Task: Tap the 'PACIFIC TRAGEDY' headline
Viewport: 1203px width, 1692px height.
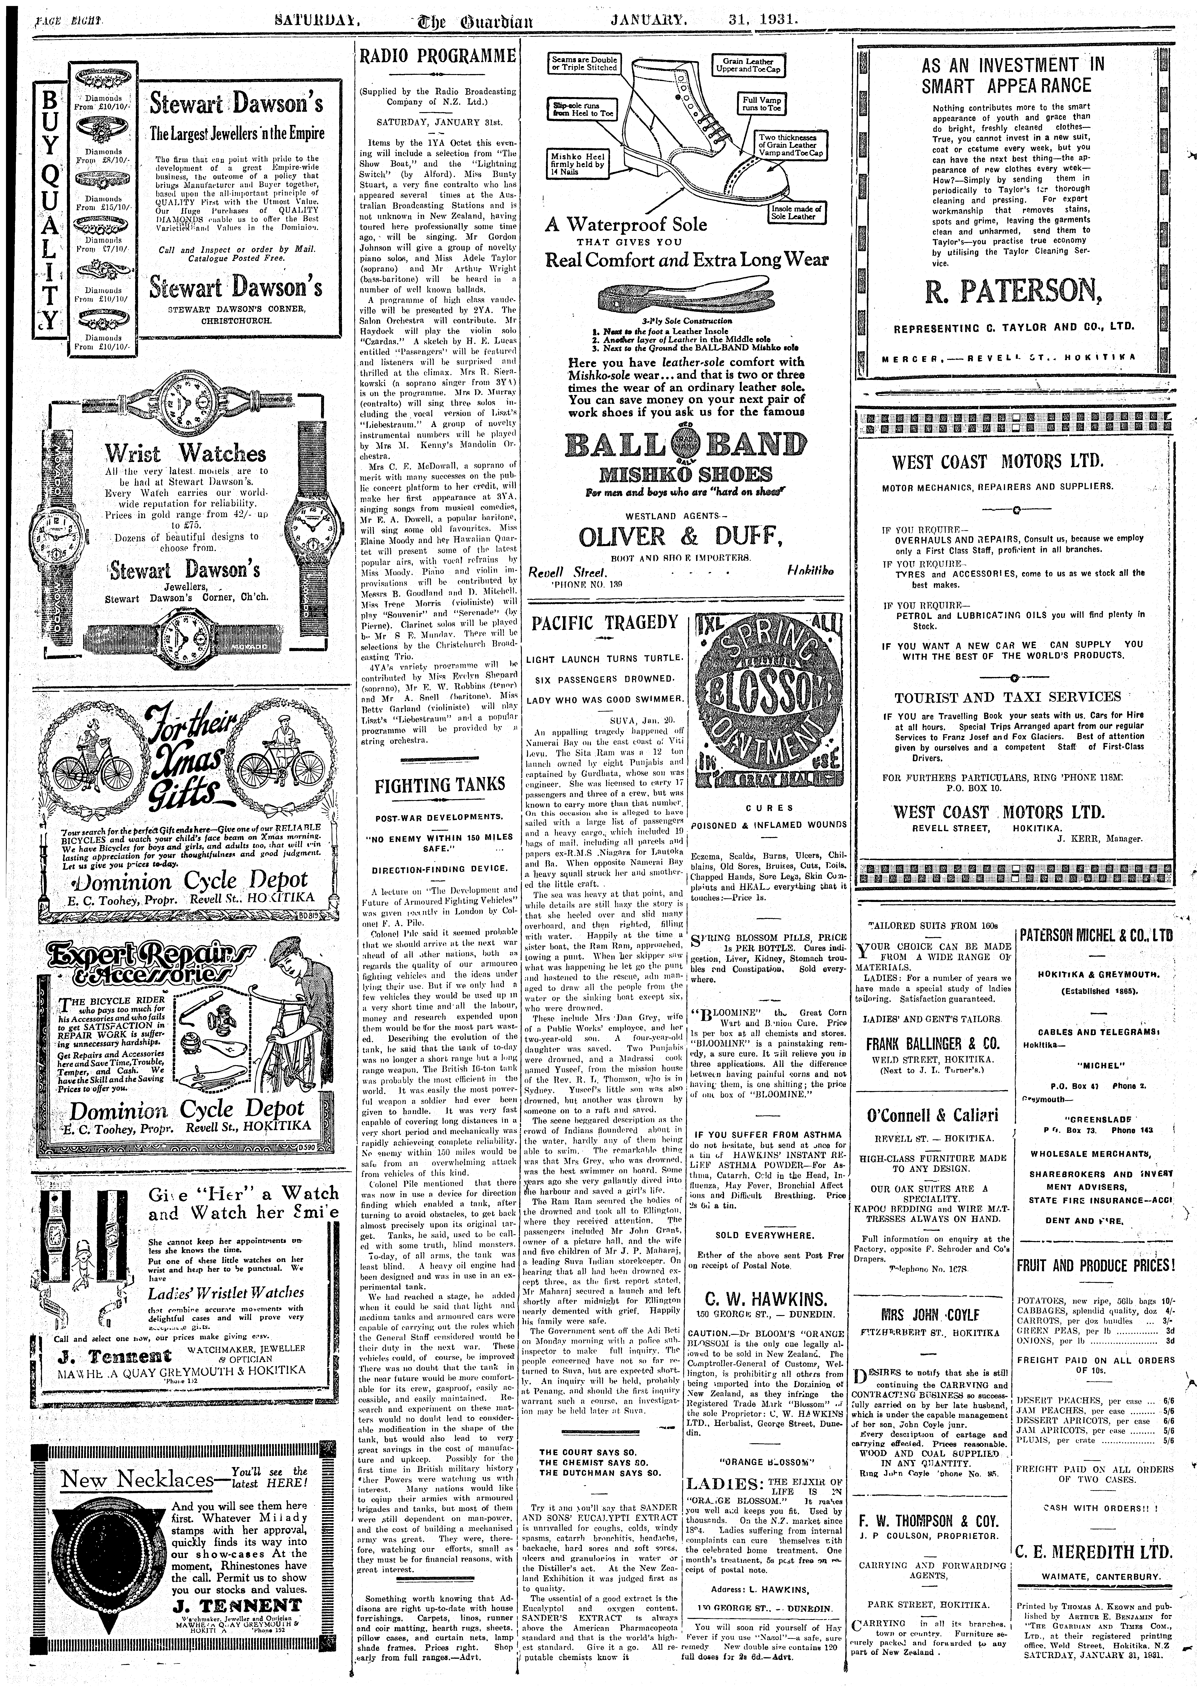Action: pyautogui.click(x=604, y=622)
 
